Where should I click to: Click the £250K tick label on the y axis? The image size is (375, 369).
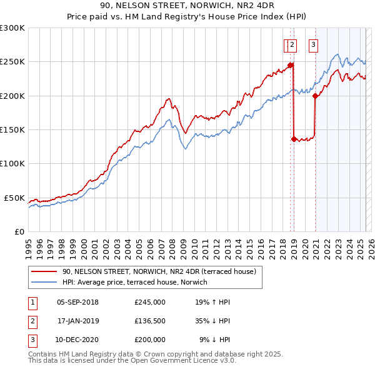pyautogui.click(x=12, y=62)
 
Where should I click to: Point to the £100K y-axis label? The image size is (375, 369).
pyautogui.click(x=12, y=163)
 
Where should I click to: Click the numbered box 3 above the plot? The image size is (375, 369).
pyautogui.click(x=312, y=44)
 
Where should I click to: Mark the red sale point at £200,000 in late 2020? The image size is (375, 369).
pyautogui.click(x=315, y=96)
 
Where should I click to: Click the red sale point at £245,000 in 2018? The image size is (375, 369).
pyautogui.click(x=291, y=65)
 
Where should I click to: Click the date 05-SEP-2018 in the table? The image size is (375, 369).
pyautogui.click(x=77, y=302)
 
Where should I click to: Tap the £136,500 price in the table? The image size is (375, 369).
pyautogui.click(x=150, y=321)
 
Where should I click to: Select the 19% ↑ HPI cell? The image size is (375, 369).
pyautogui.click(x=212, y=302)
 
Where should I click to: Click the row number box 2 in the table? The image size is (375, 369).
pyautogui.click(x=32, y=321)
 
